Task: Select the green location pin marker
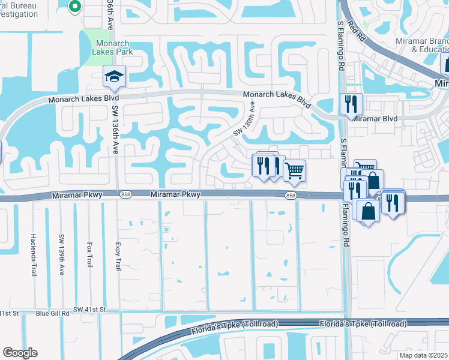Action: click(x=74, y=7)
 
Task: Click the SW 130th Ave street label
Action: click(x=244, y=118)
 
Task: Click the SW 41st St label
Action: click(x=89, y=310)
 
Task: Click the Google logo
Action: click(x=20, y=353)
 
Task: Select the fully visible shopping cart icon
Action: click(x=294, y=170)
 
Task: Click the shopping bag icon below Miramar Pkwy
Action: click(x=368, y=211)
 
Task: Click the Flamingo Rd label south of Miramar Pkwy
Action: click(x=346, y=226)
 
